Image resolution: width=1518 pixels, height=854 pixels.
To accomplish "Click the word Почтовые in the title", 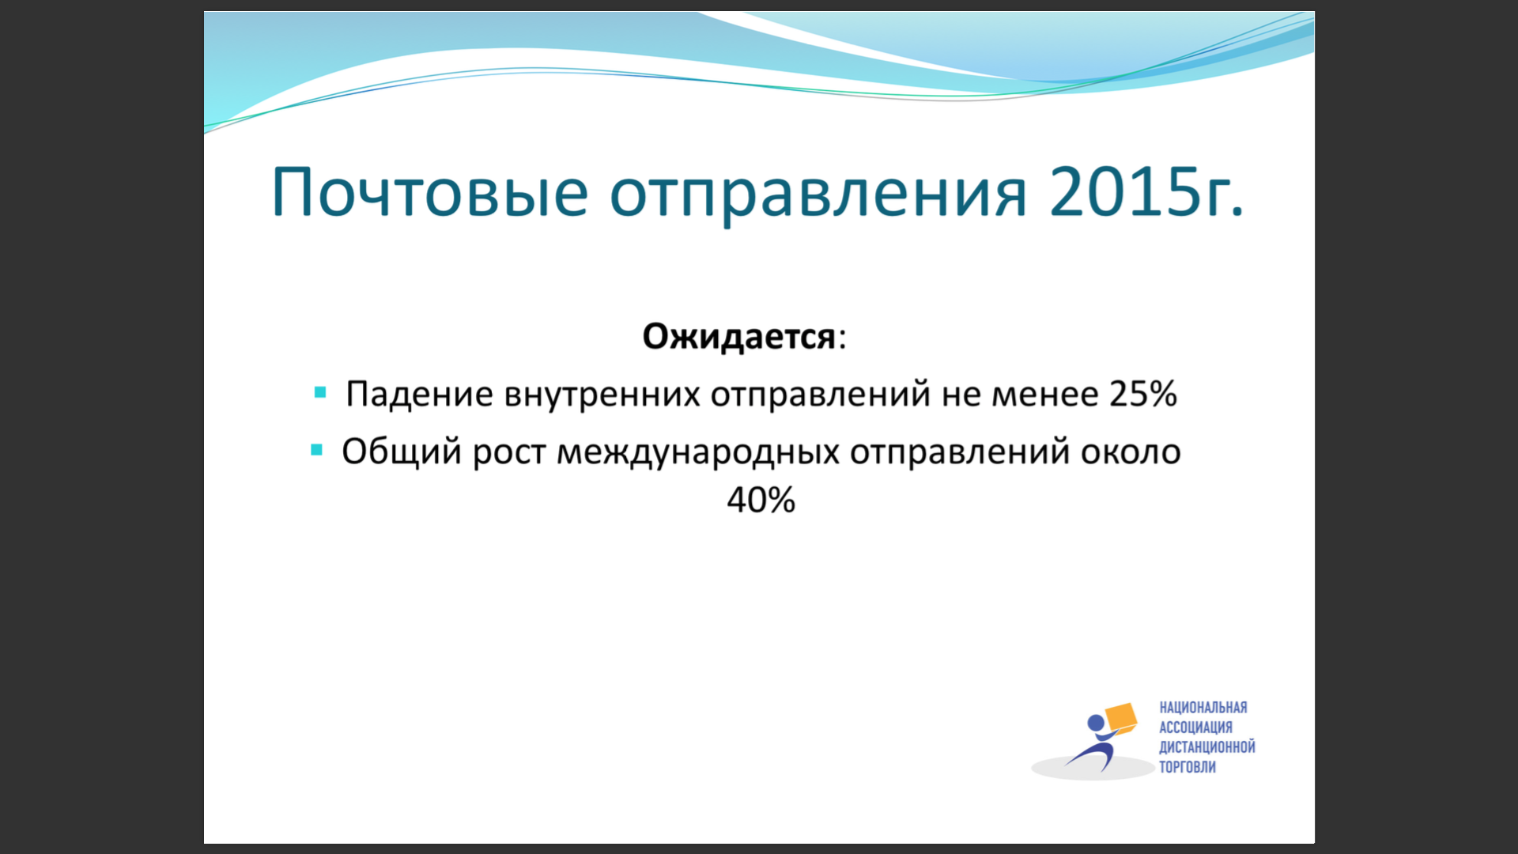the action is click(430, 192).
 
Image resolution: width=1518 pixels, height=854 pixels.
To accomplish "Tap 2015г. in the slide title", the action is click(1146, 192).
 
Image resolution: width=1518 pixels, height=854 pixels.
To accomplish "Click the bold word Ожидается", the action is click(738, 337).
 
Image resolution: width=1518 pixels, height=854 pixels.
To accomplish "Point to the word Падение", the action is click(419, 394).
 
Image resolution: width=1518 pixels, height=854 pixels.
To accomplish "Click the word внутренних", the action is click(602, 395).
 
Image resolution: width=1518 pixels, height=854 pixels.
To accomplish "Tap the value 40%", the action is click(761, 500).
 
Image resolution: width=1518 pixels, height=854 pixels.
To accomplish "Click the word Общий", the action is click(402, 452).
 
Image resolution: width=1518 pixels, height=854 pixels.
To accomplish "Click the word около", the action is click(1131, 452).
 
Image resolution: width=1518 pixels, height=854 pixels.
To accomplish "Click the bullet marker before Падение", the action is click(320, 392).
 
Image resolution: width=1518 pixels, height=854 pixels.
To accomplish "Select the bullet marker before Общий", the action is click(317, 450).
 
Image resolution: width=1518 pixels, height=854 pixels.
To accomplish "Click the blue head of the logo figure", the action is click(1096, 724).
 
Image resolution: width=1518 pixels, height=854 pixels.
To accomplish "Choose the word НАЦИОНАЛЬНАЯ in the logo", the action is click(1203, 708).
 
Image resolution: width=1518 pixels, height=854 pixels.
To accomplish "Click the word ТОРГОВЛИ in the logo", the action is click(1188, 767).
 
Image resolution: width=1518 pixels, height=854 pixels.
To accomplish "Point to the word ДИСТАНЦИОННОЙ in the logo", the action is click(1207, 747).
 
